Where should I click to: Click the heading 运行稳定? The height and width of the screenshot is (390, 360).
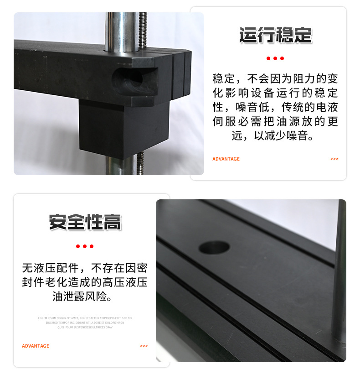point(275,36)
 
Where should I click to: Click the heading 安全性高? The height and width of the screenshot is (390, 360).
point(85,223)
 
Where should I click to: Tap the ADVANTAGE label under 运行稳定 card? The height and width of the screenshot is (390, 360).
point(226,159)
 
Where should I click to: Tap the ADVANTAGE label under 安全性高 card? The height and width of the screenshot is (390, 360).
point(36,346)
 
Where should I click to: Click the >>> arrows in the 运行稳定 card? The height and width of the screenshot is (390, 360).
point(334,159)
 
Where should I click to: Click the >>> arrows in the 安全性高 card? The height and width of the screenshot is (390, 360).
point(144,346)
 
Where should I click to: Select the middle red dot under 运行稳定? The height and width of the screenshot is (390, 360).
point(275,58)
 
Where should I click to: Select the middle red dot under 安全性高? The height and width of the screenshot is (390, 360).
point(84,246)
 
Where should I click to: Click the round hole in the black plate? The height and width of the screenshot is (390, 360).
point(214,247)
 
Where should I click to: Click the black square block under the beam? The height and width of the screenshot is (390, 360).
point(123,128)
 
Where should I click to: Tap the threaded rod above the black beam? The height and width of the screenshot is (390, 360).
point(143,30)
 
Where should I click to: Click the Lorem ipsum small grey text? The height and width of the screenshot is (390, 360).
point(85,322)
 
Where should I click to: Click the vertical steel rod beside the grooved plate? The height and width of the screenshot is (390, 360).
point(339,274)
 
